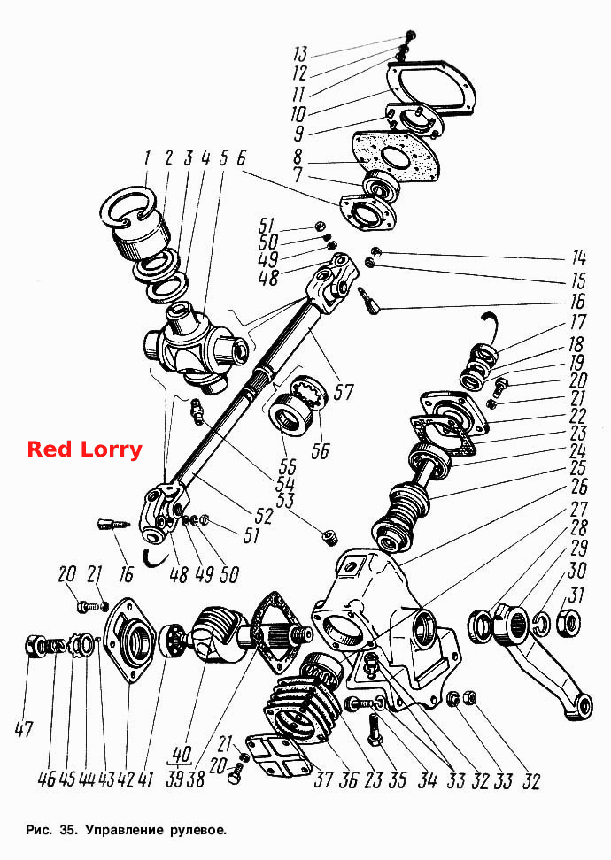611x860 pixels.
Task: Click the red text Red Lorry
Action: click(84, 449)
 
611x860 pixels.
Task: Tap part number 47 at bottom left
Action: click(24, 729)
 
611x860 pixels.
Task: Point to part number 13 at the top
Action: click(299, 54)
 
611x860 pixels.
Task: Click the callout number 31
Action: click(576, 595)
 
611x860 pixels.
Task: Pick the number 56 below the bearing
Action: click(321, 450)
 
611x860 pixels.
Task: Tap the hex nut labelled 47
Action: click(35, 647)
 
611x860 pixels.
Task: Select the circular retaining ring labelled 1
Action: click(130, 208)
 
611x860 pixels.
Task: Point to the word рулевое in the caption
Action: click(197, 830)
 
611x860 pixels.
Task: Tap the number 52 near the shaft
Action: click(264, 515)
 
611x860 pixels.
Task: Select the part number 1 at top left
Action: click(147, 159)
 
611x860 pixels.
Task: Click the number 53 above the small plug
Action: click(284, 500)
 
